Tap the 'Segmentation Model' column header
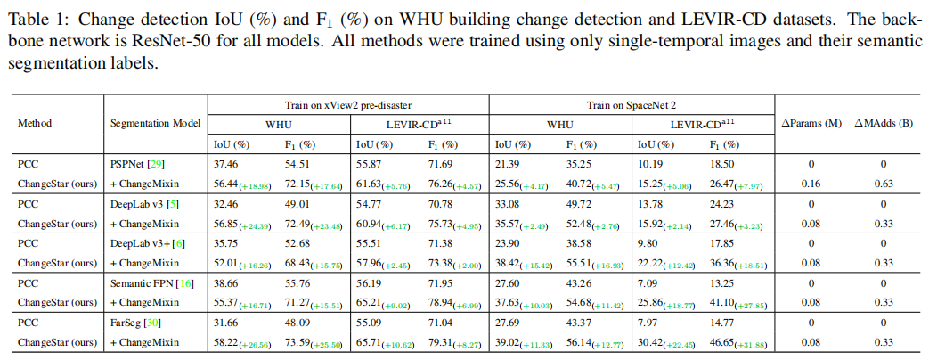(x=154, y=123)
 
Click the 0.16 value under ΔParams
(x=809, y=183)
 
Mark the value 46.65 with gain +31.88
(x=737, y=342)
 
